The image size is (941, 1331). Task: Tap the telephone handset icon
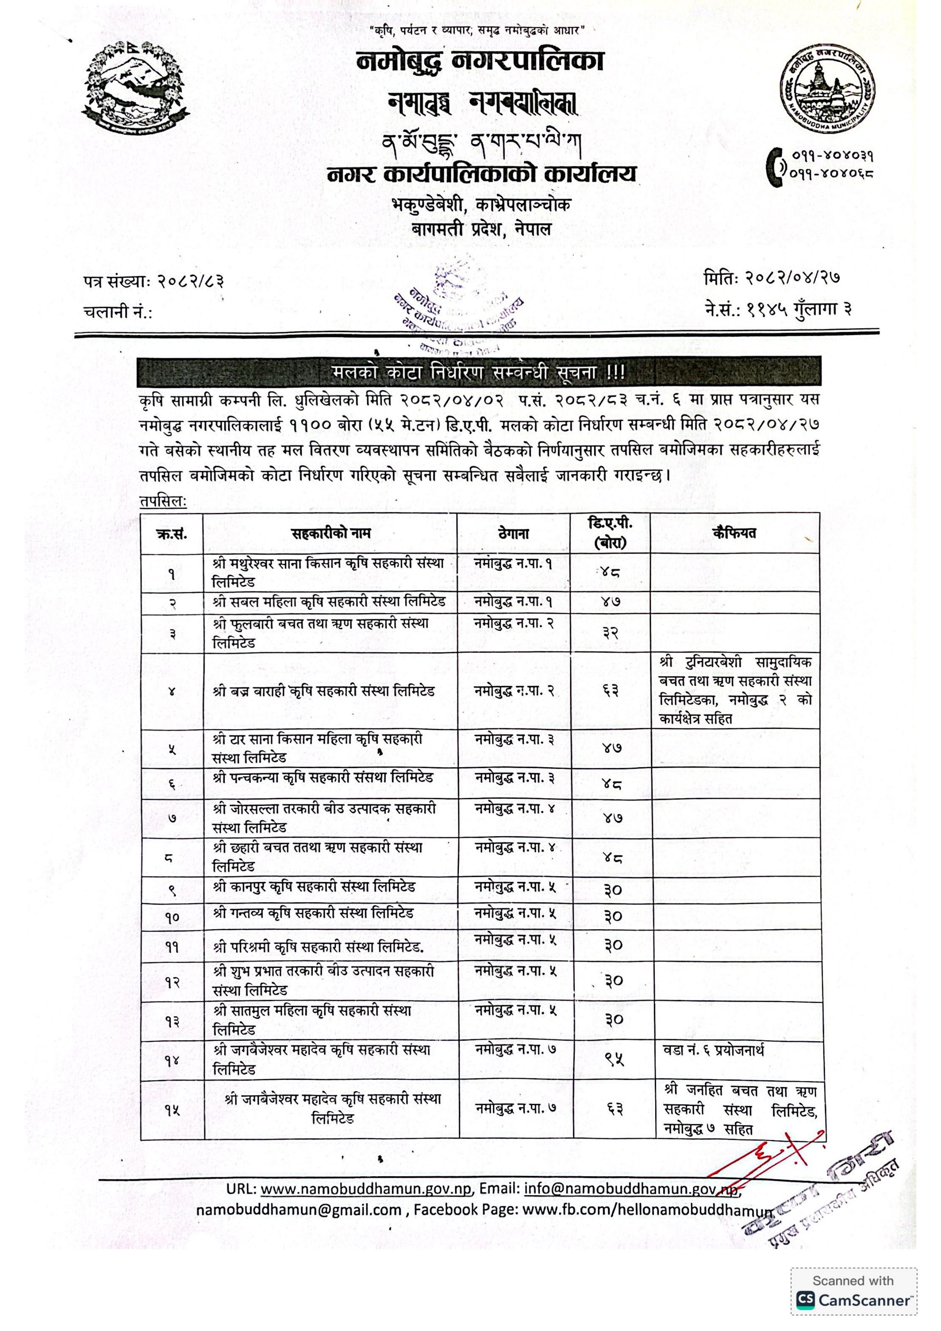coord(775,165)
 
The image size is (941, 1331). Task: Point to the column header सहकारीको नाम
coord(331,533)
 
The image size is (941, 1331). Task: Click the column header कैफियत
coord(734,533)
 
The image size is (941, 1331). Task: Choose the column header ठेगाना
coord(513,533)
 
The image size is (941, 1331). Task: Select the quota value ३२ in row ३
coord(610,634)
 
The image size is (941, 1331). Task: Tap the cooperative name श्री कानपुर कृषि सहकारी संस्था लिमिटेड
coord(314,887)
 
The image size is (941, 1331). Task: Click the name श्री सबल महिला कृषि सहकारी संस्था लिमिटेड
coord(329,602)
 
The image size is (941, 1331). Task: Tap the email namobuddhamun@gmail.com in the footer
coord(299,1210)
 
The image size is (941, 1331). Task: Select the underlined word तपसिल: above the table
coord(163,502)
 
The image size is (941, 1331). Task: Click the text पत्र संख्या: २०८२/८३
coord(154,282)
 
